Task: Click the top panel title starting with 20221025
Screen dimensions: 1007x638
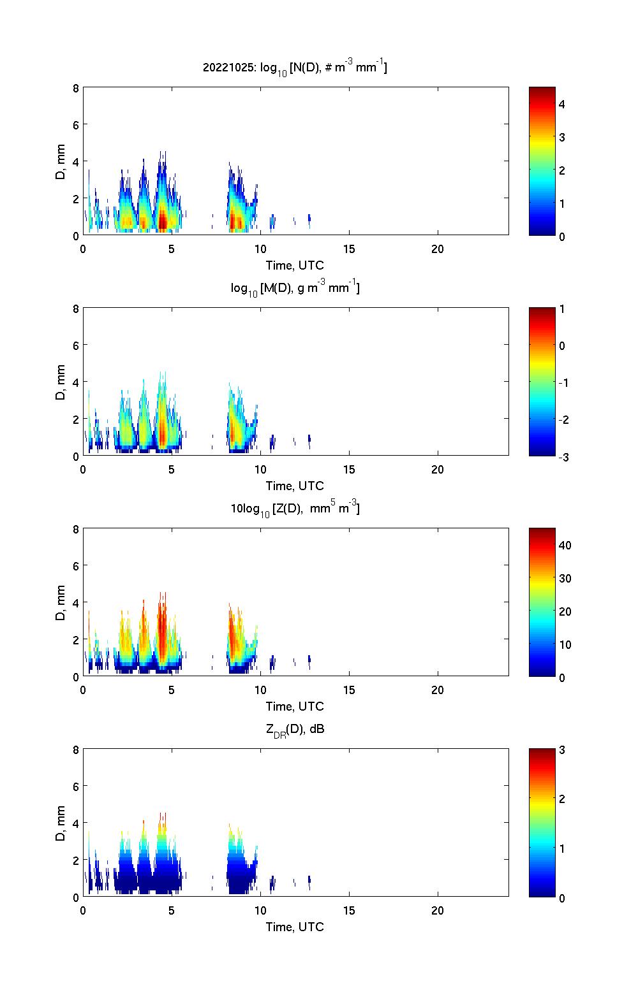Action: (x=295, y=68)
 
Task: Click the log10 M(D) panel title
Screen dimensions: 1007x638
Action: (x=295, y=288)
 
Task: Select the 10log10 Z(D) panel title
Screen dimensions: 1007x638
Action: (x=295, y=509)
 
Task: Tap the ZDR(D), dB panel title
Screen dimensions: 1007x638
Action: (x=295, y=729)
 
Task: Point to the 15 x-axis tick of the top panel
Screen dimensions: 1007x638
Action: (x=349, y=249)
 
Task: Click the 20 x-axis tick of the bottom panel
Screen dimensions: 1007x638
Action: (x=438, y=911)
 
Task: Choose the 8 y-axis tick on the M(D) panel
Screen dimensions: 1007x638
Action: (x=76, y=309)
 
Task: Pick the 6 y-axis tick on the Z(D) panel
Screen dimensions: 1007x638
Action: (x=76, y=566)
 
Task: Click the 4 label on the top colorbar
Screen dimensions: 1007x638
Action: (x=562, y=104)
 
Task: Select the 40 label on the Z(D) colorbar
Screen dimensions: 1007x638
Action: (x=565, y=545)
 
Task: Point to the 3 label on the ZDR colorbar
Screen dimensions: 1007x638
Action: (x=562, y=750)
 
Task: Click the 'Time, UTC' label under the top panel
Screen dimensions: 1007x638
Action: (x=295, y=265)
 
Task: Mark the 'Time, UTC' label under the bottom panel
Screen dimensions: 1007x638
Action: (x=295, y=927)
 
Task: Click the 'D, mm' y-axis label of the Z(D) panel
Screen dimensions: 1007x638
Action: (x=61, y=602)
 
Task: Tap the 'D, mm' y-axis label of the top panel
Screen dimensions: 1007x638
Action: (x=61, y=161)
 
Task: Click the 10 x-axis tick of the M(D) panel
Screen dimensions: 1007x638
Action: (x=260, y=470)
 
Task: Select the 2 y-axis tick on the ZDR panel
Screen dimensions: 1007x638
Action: (x=76, y=860)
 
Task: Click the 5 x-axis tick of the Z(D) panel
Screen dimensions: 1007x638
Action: (x=172, y=690)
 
